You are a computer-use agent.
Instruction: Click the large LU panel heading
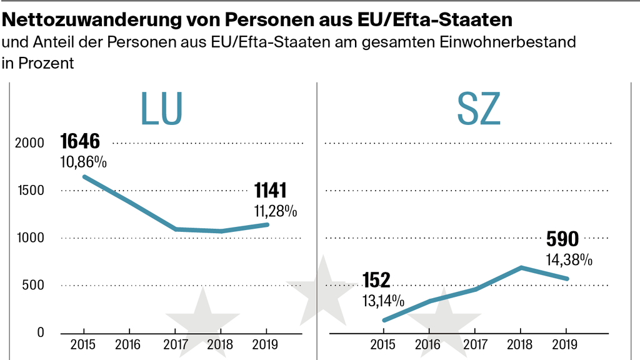pos(161,107)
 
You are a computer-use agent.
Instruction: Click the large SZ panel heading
pos(478,107)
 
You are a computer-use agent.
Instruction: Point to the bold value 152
pos(376,280)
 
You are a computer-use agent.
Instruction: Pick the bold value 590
pos(563,239)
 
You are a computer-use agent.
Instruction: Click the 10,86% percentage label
pos(83,162)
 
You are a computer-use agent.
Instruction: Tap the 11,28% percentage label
pos(275,211)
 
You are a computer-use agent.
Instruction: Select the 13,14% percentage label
pos(383,300)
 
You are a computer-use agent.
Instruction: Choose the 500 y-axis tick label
pos(35,286)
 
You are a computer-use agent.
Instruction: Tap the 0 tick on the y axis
pos(41,333)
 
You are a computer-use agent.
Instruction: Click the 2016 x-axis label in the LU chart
pos(129,344)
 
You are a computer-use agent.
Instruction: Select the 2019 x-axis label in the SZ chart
pos(566,344)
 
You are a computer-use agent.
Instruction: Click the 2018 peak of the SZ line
pos(521,267)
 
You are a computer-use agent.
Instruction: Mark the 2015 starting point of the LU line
pos(84,176)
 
